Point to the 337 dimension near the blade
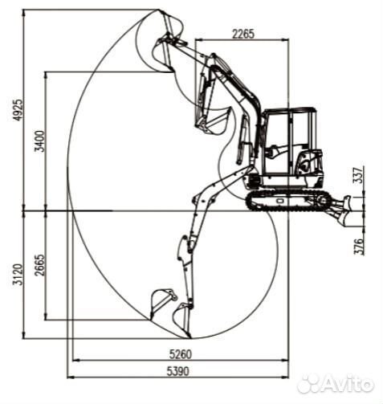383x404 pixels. tap(358, 176)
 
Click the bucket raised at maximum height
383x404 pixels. tap(167, 28)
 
